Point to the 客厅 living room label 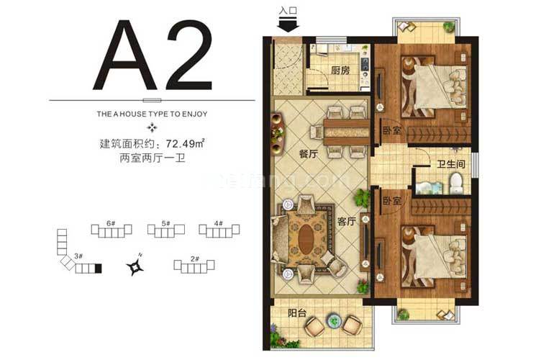click(346, 222)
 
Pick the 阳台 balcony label click(287, 314)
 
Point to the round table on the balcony click(333, 319)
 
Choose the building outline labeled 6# click(112, 230)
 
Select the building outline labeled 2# click(194, 267)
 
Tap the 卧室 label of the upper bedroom click(391, 131)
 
